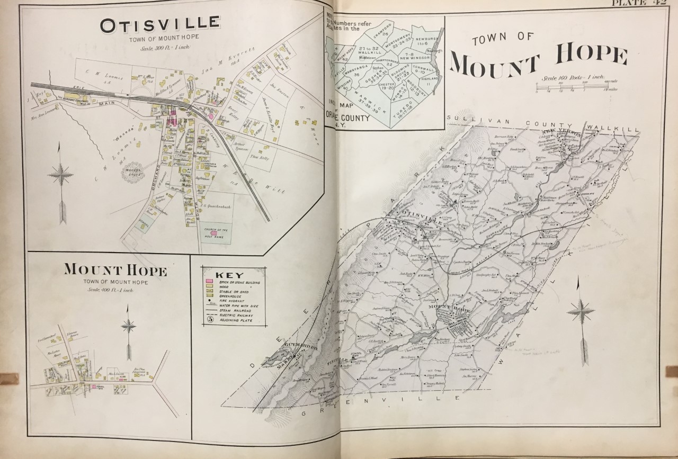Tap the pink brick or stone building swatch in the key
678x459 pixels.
pos(209,280)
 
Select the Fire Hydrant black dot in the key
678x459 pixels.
pos(209,300)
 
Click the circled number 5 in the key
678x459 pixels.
pos(209,319)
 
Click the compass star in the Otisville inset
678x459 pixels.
pos(63,175)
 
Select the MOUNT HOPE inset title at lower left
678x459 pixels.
pos(115,271)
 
